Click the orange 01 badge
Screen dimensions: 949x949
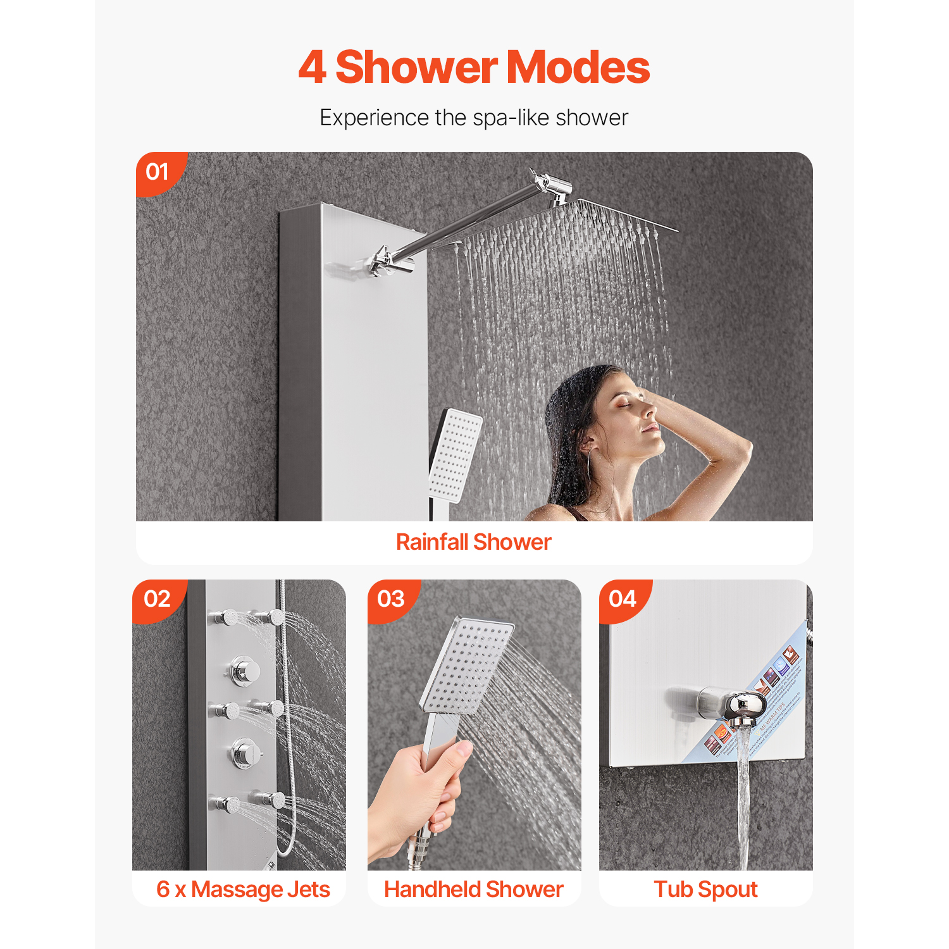pyautogui.click(x=158, y=171)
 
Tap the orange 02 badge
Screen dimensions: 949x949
pyautogui.click(x=157, y=599)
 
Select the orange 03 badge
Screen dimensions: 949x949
pyautogui.click(x=390, y=599)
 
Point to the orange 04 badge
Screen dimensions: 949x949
pyautogui.click(x=623, y=599)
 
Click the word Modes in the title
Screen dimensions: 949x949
pyautogui.click(x=578, y=67)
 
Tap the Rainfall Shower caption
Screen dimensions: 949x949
pyautogui.click(x=473, y=542)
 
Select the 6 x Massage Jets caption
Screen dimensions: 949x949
pyautogui.click(x=243, y=889)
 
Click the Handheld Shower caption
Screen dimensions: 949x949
pyautogui.click(x=473, y=889)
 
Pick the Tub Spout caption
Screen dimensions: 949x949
pyautogui.click(x=705, y=889)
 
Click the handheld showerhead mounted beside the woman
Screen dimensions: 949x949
pyautogui.click(x=456, y=456)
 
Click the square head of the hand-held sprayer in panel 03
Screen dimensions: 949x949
pyautogui.click(x=467, y=664)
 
